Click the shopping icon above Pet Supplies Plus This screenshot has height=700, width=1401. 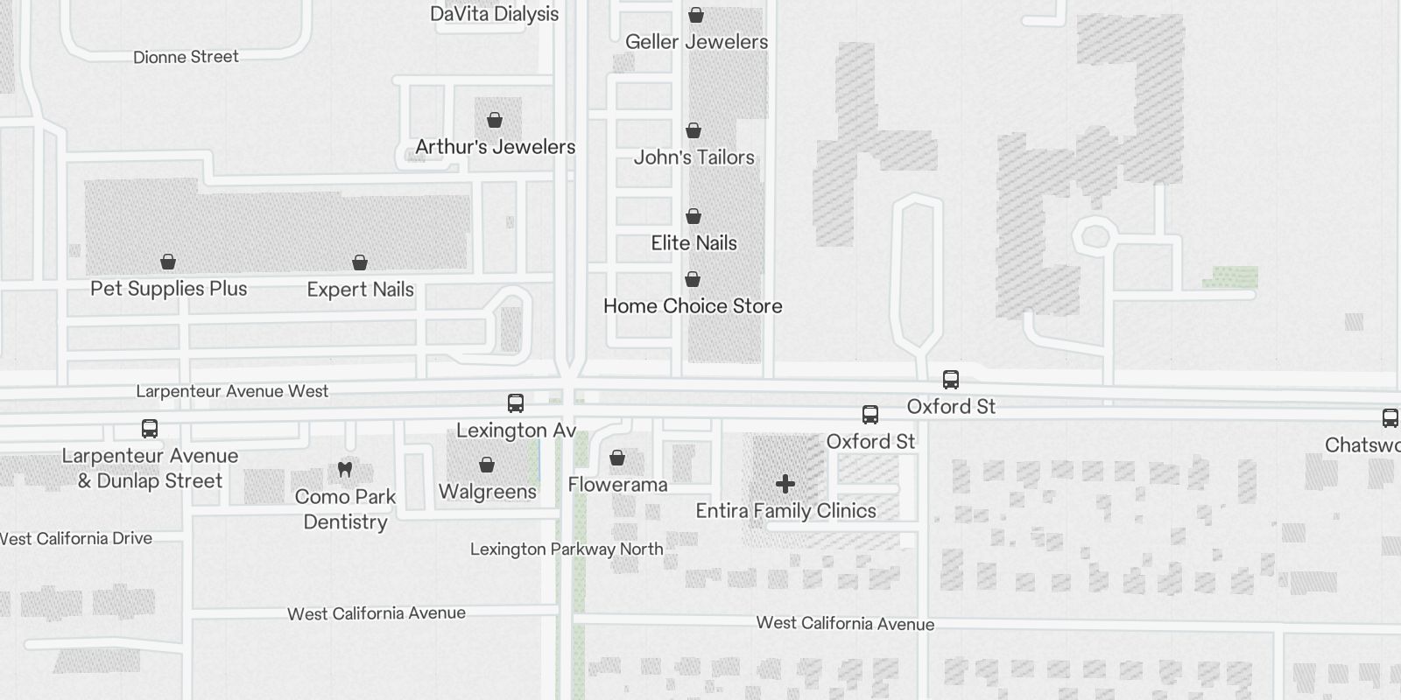168,262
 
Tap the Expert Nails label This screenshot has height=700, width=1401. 360,290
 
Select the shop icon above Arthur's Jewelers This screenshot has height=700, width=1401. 495,120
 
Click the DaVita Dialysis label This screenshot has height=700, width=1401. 494,14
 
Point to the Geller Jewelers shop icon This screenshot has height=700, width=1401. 696,15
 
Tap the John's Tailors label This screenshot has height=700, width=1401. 693,157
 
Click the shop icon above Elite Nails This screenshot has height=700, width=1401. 693,216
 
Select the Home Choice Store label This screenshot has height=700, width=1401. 693,306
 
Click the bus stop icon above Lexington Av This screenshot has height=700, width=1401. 516,403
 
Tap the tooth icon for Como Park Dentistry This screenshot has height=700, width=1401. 345,470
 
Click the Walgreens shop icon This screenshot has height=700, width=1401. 487,465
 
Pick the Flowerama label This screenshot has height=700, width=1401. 617,485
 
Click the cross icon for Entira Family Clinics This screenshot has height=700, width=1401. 785,483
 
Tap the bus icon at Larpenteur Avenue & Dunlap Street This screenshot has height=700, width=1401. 150,429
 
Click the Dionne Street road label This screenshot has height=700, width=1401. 186,57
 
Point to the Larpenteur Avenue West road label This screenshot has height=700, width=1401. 232,391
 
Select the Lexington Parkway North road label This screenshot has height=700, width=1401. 567,549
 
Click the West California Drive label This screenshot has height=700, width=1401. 77,539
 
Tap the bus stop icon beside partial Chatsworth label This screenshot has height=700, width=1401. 1390,417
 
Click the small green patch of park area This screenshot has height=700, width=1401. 1230,277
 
